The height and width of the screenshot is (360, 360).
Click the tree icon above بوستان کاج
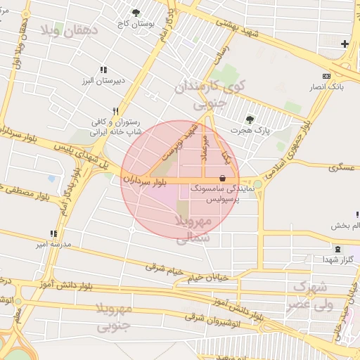[x=136, y=12]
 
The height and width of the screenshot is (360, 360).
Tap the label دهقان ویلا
[x=70, y=31]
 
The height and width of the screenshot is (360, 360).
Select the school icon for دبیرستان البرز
[x=103, y=70]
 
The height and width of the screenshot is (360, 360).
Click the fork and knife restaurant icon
[x=116, y=110]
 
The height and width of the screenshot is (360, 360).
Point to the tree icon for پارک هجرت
[x=250, y=119]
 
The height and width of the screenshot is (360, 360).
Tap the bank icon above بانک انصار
[x=326, y=76]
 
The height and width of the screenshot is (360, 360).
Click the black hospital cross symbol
[x=345, y=44]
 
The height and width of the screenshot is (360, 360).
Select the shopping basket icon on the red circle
[x=223, y=179]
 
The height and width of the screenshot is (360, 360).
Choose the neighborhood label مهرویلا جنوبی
[x=114, y=317]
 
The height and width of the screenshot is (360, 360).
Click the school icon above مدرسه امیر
[x=53, y=233]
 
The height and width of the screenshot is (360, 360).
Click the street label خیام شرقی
[x=163, y=269]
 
